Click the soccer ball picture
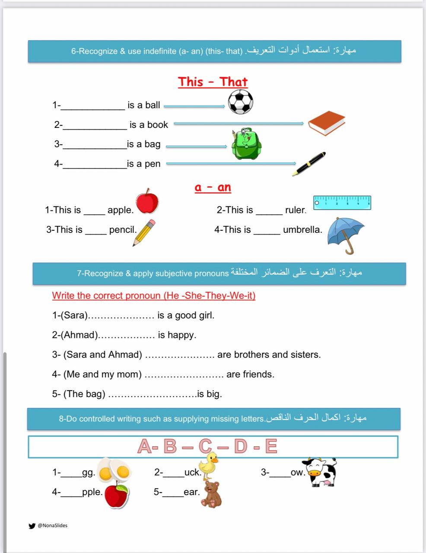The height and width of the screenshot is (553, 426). pyautogui.click(x=240, y=102)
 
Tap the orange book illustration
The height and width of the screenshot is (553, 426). pyautogui.click(x=326, y=123)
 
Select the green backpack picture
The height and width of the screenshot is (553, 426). pyautogui.click(x=246, y=144)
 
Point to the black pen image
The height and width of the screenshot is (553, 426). pyautogui.click(x=308, y=164)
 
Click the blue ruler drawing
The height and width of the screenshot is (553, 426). pyautogui.click(x=342, y=202)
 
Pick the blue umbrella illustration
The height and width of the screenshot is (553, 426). pyautogui.click(x=346, y=234)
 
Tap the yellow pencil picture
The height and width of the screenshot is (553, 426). pyautogui.click(x=144, y=232)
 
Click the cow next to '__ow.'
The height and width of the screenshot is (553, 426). pyautogui.click(x=320, y=472)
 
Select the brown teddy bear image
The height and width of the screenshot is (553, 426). pyautogui.click(x=212, y=494)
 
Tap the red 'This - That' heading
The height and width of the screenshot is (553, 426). pyautogui.click(x=213, y=82)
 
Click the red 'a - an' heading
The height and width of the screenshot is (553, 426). pyautogui.click(x=213, y=187)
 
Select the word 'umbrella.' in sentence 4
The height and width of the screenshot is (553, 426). pyautogui.click(x=302, y=229)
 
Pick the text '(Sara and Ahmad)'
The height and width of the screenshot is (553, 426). pyautogui.click(x=103, y=355)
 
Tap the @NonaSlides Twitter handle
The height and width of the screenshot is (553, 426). pyautogui.click(x=52, y=525)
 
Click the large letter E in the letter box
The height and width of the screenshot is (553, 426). pyautogui.click(x=271, y=446)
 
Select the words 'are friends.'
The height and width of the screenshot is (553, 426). pyautogui.click(x=250, y=374)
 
